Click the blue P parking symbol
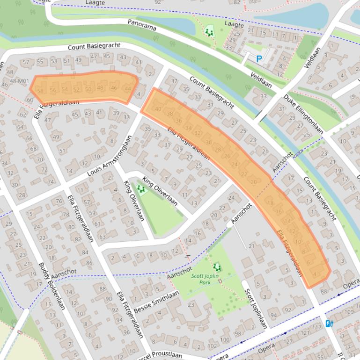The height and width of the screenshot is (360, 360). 258,59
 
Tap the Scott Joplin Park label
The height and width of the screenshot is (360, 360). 205,279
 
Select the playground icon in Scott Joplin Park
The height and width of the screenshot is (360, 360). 216,267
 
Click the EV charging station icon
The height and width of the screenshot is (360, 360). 329,323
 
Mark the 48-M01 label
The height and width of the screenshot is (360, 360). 19,81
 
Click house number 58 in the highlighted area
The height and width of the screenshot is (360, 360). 40,91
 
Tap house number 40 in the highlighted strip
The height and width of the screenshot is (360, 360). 158,109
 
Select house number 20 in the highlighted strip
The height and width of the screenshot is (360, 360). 254,182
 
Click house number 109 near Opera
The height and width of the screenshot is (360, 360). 349,312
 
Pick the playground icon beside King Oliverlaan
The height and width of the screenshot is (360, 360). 140,189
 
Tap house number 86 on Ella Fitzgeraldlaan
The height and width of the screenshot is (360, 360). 89,263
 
